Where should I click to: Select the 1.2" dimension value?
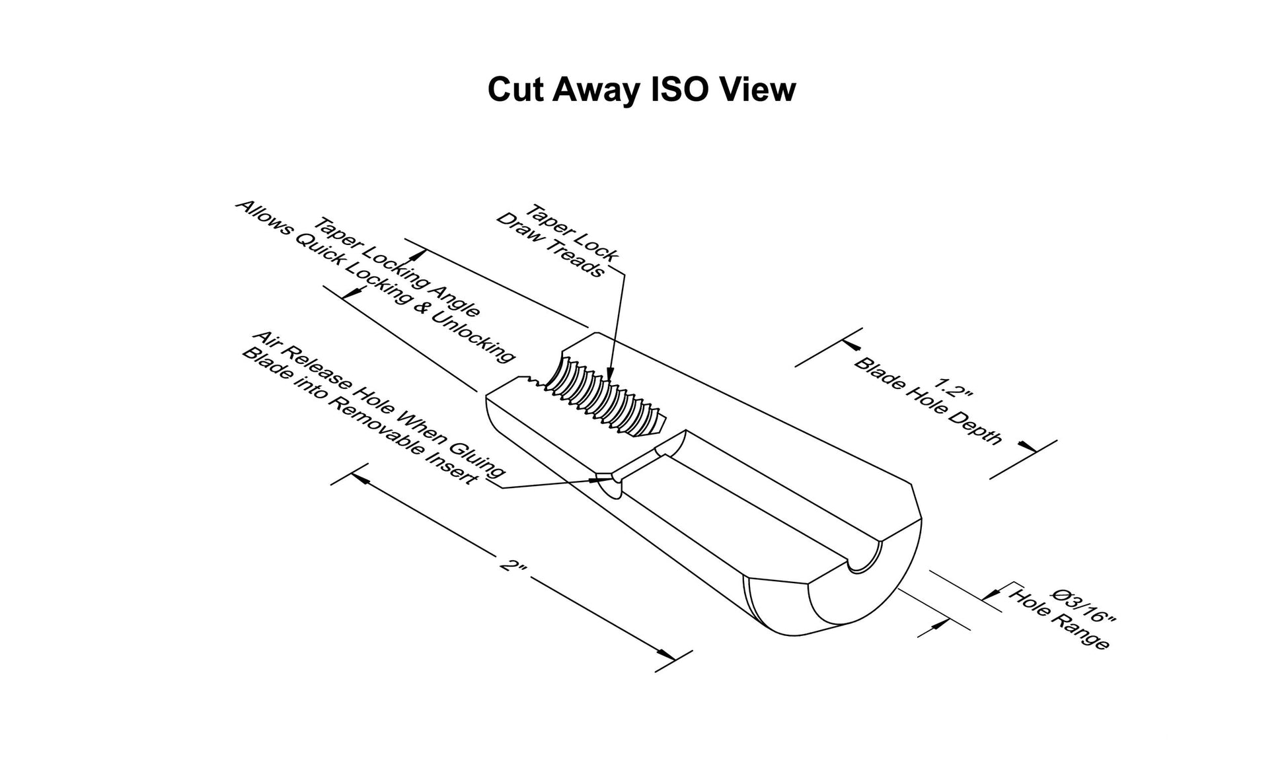[x=953, y=388]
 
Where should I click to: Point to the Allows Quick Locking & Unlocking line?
[x=375, y=282]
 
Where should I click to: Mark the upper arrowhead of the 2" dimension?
[x=359, y=476]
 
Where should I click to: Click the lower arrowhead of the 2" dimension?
[x=666, y=654]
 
